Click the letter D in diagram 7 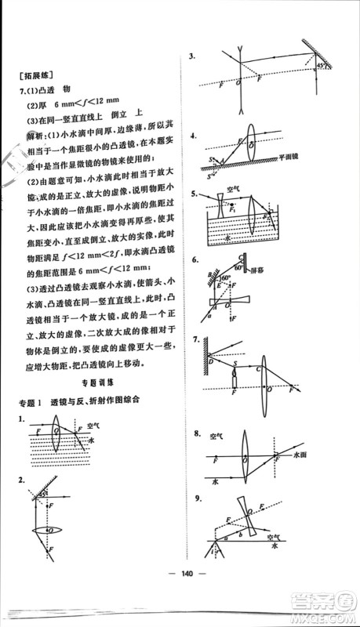click(x=210, y=362)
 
